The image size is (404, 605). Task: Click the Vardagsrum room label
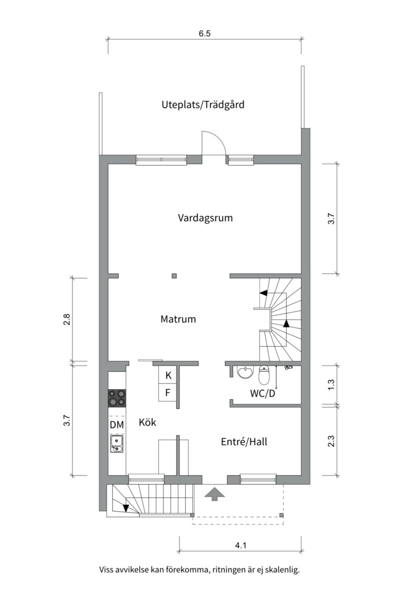coord(205,218)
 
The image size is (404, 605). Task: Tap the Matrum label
coord(178,319)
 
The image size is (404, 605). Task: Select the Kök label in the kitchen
coord(147,423)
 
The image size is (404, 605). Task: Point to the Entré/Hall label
coord(244,442)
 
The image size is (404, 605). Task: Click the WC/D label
coord(263,393)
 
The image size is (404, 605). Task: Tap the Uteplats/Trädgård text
coord(203,104)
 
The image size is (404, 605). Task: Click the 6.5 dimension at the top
coord(204,34)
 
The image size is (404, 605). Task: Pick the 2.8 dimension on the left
coord(66,320)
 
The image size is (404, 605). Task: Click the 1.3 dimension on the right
coord(331,385)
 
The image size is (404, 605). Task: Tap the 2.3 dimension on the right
coord(331,441)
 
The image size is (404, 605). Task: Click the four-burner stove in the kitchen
coord(117,398)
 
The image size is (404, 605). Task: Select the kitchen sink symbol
coord(117,445)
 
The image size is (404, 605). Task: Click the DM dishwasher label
coord(117,425)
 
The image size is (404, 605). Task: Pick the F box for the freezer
coord(168,393)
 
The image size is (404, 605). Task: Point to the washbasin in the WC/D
coord(245,372)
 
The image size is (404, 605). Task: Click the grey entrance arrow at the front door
coord(214,494)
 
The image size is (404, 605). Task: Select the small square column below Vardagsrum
coord(174,276)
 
